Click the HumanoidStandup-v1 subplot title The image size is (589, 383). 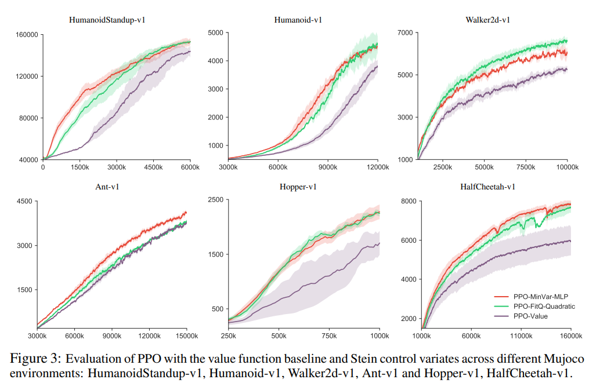click(107, 20)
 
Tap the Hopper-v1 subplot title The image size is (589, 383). click(298, 187)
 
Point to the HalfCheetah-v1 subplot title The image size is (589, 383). click(487, 187)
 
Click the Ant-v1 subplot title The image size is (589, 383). click(107, 187)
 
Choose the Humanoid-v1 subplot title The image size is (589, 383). click(298, 20)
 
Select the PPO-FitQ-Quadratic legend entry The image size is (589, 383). click(544, 306)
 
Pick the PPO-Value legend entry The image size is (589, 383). click(530, 316)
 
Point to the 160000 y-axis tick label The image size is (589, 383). click(26, 35)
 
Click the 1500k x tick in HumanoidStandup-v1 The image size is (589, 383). click(80, 167)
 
